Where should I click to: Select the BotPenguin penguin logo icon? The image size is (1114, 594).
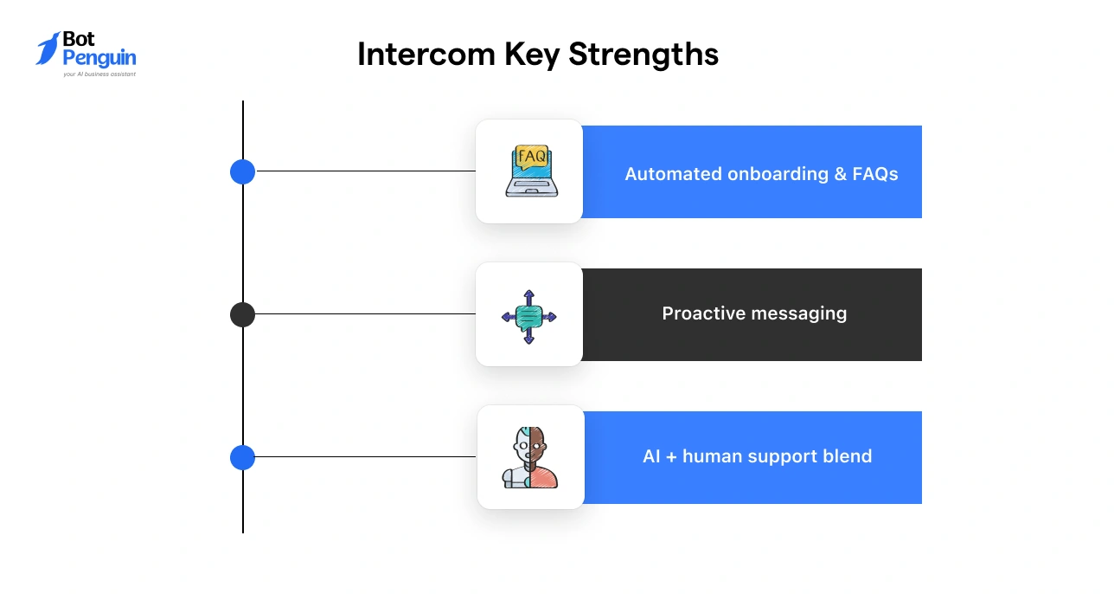48,49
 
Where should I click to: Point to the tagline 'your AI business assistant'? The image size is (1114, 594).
99,74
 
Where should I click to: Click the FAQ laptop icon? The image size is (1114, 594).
530,171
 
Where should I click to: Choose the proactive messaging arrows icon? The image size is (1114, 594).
529,316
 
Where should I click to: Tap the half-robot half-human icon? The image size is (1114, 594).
530,457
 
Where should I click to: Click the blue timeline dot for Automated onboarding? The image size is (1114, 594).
242,171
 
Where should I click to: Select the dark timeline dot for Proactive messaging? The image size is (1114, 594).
242,314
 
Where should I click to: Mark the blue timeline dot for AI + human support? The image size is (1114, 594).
242,457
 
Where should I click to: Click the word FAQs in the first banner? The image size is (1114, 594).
875,174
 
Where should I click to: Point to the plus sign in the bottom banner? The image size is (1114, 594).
671,456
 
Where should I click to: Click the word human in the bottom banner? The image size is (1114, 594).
712,456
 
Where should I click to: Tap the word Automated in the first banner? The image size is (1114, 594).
672,174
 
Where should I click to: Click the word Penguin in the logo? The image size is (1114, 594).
99,58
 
